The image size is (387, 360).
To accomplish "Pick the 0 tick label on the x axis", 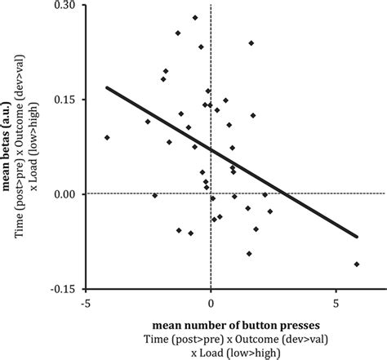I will (211, 303).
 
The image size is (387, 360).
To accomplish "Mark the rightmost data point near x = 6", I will (358, 264).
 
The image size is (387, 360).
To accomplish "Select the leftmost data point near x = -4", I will (107, 137).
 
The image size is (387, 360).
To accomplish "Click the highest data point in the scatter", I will (195, 17).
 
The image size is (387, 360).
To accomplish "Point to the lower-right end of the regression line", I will (358, 237).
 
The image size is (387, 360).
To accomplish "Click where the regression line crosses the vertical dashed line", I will (211, 149).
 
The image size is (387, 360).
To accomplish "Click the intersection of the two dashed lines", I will (211, 193).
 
